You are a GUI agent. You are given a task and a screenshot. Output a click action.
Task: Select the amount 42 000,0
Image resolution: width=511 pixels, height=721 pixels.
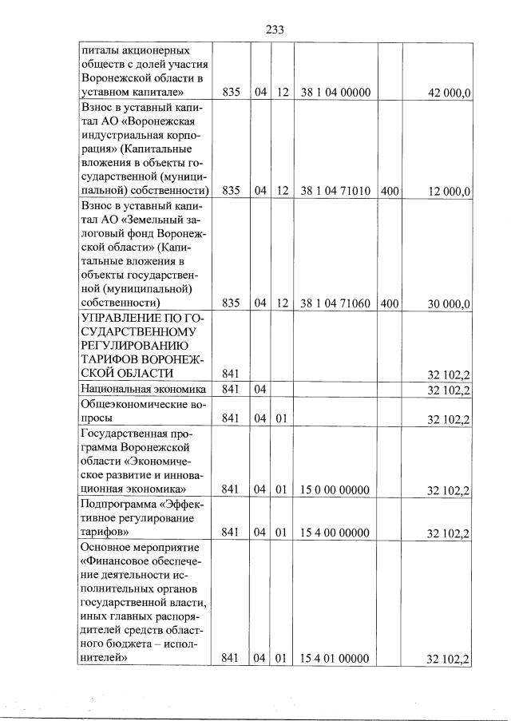tap(450, 93)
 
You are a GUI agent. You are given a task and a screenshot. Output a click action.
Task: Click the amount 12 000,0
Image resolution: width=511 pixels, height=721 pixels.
tap(450, 192)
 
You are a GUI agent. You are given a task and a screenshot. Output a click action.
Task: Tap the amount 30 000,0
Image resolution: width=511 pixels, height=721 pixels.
tap(450, 304)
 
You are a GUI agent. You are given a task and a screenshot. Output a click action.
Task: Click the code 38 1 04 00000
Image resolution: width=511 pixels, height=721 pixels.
tap(335, 93)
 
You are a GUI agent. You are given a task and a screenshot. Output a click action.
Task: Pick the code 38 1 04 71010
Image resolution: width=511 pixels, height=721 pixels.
tap(335, 192)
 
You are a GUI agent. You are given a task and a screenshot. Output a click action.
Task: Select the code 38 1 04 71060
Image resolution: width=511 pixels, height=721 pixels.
tap(335, 304)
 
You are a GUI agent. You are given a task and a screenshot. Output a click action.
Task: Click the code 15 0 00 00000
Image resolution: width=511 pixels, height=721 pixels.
tap(335, 490)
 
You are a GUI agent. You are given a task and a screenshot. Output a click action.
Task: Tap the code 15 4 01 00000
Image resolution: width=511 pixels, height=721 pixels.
tap(335, 659)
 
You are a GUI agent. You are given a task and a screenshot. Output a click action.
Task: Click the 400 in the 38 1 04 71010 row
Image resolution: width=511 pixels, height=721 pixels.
tap(390, 192)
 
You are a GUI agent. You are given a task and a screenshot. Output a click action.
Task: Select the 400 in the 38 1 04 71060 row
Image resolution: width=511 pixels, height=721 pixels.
tap(390, 304)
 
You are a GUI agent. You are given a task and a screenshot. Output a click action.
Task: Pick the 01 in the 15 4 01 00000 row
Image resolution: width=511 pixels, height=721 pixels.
tap(281, 659)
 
